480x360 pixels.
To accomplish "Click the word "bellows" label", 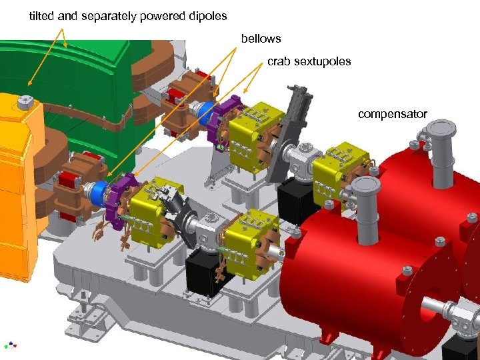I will point(261,39).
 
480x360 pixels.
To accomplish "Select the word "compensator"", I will point(392,114).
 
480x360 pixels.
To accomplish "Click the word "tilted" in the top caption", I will point(42,15).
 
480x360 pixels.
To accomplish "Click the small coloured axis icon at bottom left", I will point(10,345).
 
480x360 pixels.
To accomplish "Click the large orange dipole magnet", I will point(20,187).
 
